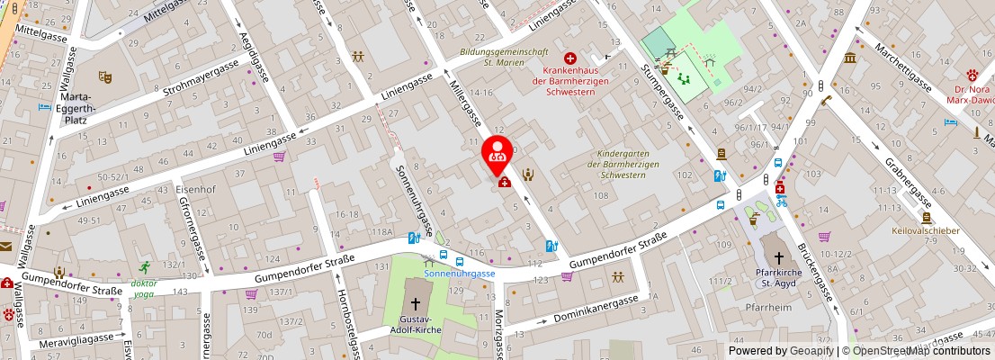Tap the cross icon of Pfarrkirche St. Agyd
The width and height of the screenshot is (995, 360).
pos(779,258)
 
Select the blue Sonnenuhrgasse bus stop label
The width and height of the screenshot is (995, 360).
pos(459,274)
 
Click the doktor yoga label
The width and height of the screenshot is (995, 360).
pos(144,288)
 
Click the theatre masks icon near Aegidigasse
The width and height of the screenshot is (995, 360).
pos(105,78)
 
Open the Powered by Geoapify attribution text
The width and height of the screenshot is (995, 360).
pos(781,351)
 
